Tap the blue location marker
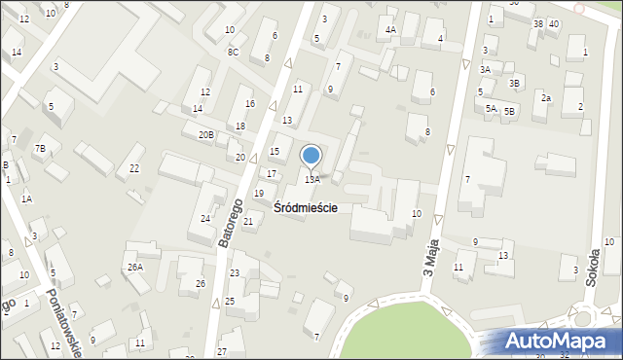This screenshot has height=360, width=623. (x=311, y=155)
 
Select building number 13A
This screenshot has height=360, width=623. (x=311, y=179)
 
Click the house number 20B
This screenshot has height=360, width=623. (x=205, y=135)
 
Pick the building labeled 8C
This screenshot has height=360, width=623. (x=233, y=52)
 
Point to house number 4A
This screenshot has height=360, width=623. (x=390, y=30)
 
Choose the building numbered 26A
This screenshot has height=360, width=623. (x=134, y=267)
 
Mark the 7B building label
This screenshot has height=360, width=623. (x=40, y=148)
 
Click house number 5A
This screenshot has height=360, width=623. (x=492, y=109)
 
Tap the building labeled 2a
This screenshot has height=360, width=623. (x=546, y=98)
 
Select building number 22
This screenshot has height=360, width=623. (x=134, y=168)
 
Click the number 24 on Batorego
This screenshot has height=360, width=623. (x=205, y=218)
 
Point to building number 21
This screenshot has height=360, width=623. (x=248, y=222)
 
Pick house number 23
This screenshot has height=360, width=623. (x=234, y=273)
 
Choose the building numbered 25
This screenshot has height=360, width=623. (x=230, y=301)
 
